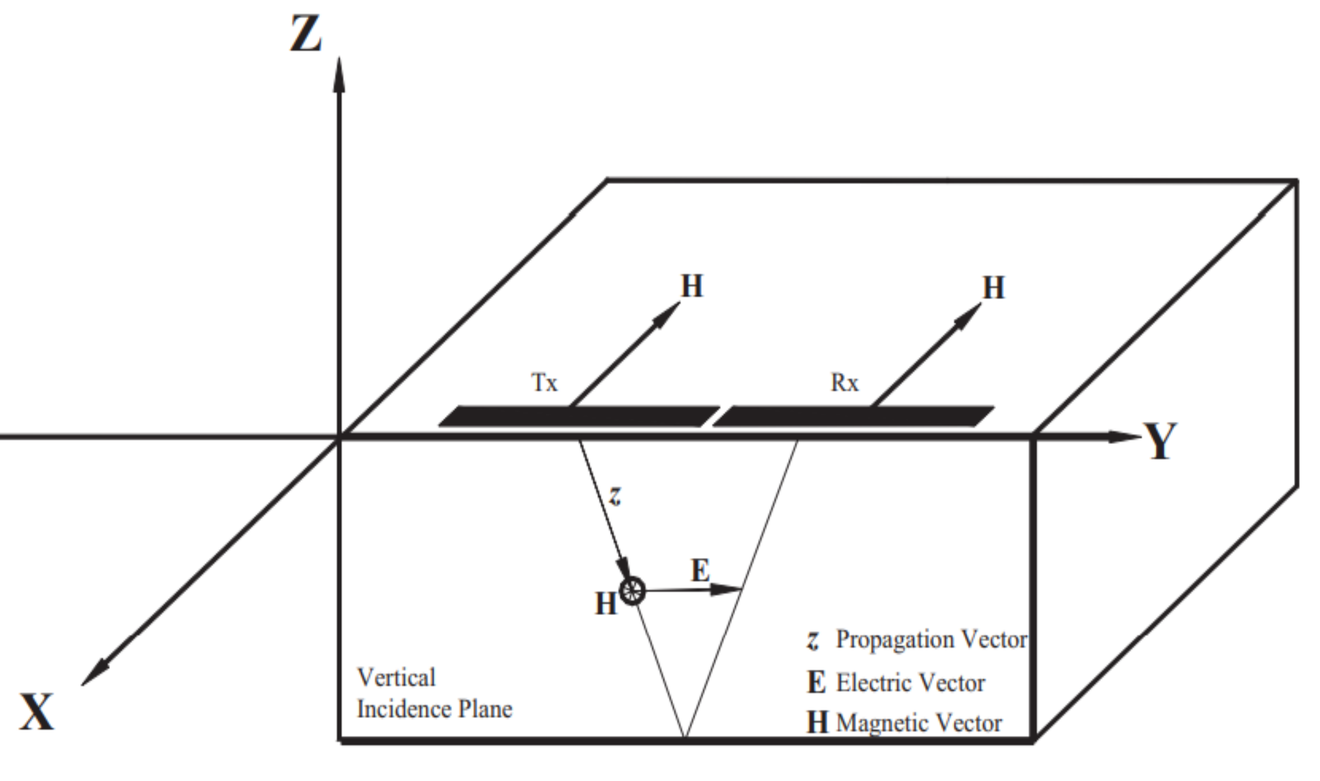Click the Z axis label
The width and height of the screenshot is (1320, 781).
[x=306, y=34]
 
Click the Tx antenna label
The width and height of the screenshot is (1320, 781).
[x=543, y=382]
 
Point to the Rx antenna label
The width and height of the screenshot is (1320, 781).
[x=844, y=382]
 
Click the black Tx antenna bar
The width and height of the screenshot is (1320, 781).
[x=579, y=416]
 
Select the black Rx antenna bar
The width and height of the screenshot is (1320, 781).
[x=853, y=416]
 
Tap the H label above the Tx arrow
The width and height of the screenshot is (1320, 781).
[x=692, y=286]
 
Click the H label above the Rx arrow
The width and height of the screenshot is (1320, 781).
[x=994, y=289]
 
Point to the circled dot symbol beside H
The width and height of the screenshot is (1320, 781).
[x=632, y=590]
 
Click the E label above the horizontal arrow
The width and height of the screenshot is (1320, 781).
[x=700, y=570]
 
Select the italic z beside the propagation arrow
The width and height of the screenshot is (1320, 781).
[x=615, y=495]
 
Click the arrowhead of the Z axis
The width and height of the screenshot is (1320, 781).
[x=339, y=76]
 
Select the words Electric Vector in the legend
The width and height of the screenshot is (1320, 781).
[x=910, y=683]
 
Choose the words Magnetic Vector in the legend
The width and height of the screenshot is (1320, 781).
[x=919, y=723]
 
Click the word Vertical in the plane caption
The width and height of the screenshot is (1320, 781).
[x=396, y=678]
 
